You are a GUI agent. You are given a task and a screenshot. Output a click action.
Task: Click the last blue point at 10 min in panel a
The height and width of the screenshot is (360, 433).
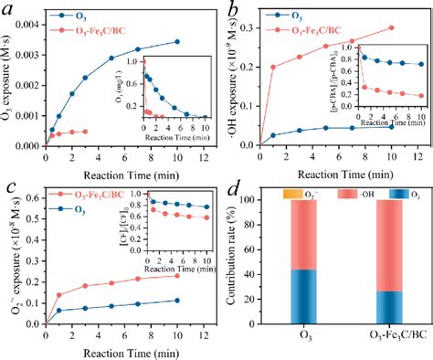[x=176, y=41]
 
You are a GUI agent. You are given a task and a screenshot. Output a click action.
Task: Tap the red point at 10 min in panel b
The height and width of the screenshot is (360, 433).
[x=392, y=27]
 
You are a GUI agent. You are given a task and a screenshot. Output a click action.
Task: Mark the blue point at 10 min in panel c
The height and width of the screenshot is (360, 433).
[x=176, y=300]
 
